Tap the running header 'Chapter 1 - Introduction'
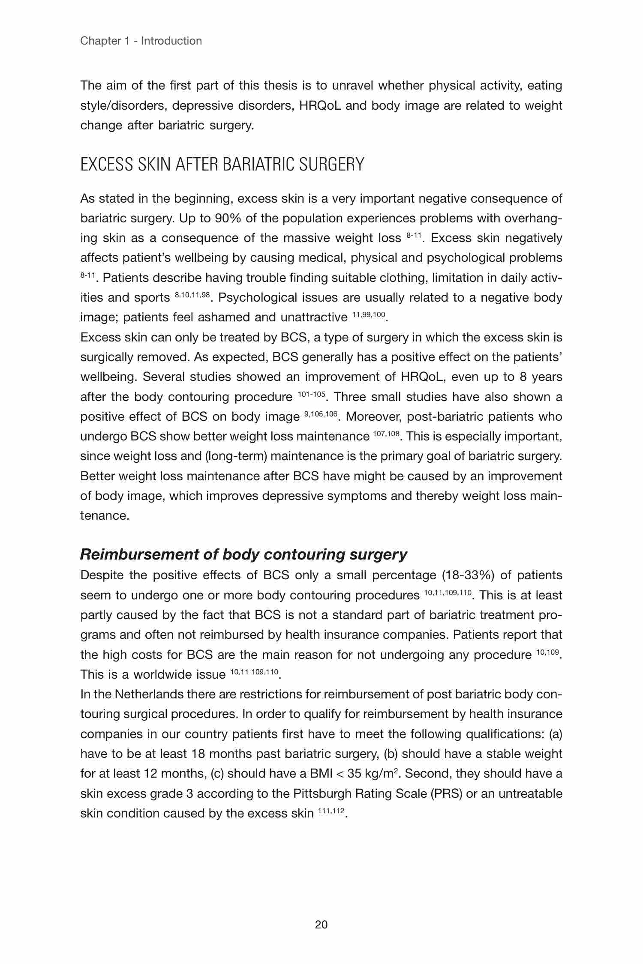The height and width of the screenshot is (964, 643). pyautogui.click(x=141, y=41)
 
